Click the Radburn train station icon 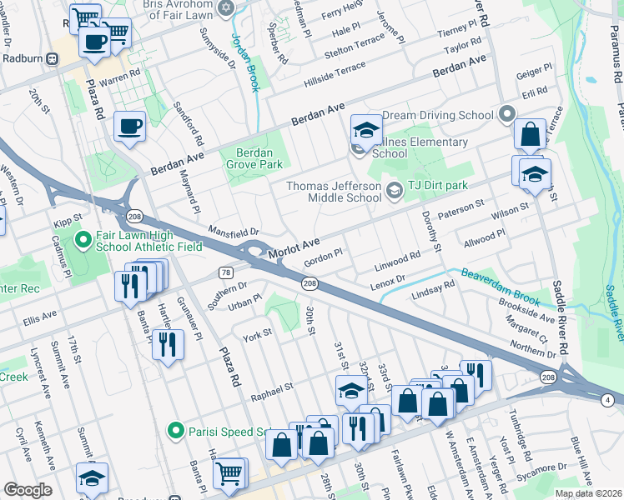coord(53,58)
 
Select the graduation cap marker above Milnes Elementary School coord(365,131)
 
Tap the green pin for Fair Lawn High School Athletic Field coord(82,242)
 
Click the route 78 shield coord(225,272)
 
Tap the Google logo coord(28,490)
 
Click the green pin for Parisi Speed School coord(174,431)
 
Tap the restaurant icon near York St coord(168,343)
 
